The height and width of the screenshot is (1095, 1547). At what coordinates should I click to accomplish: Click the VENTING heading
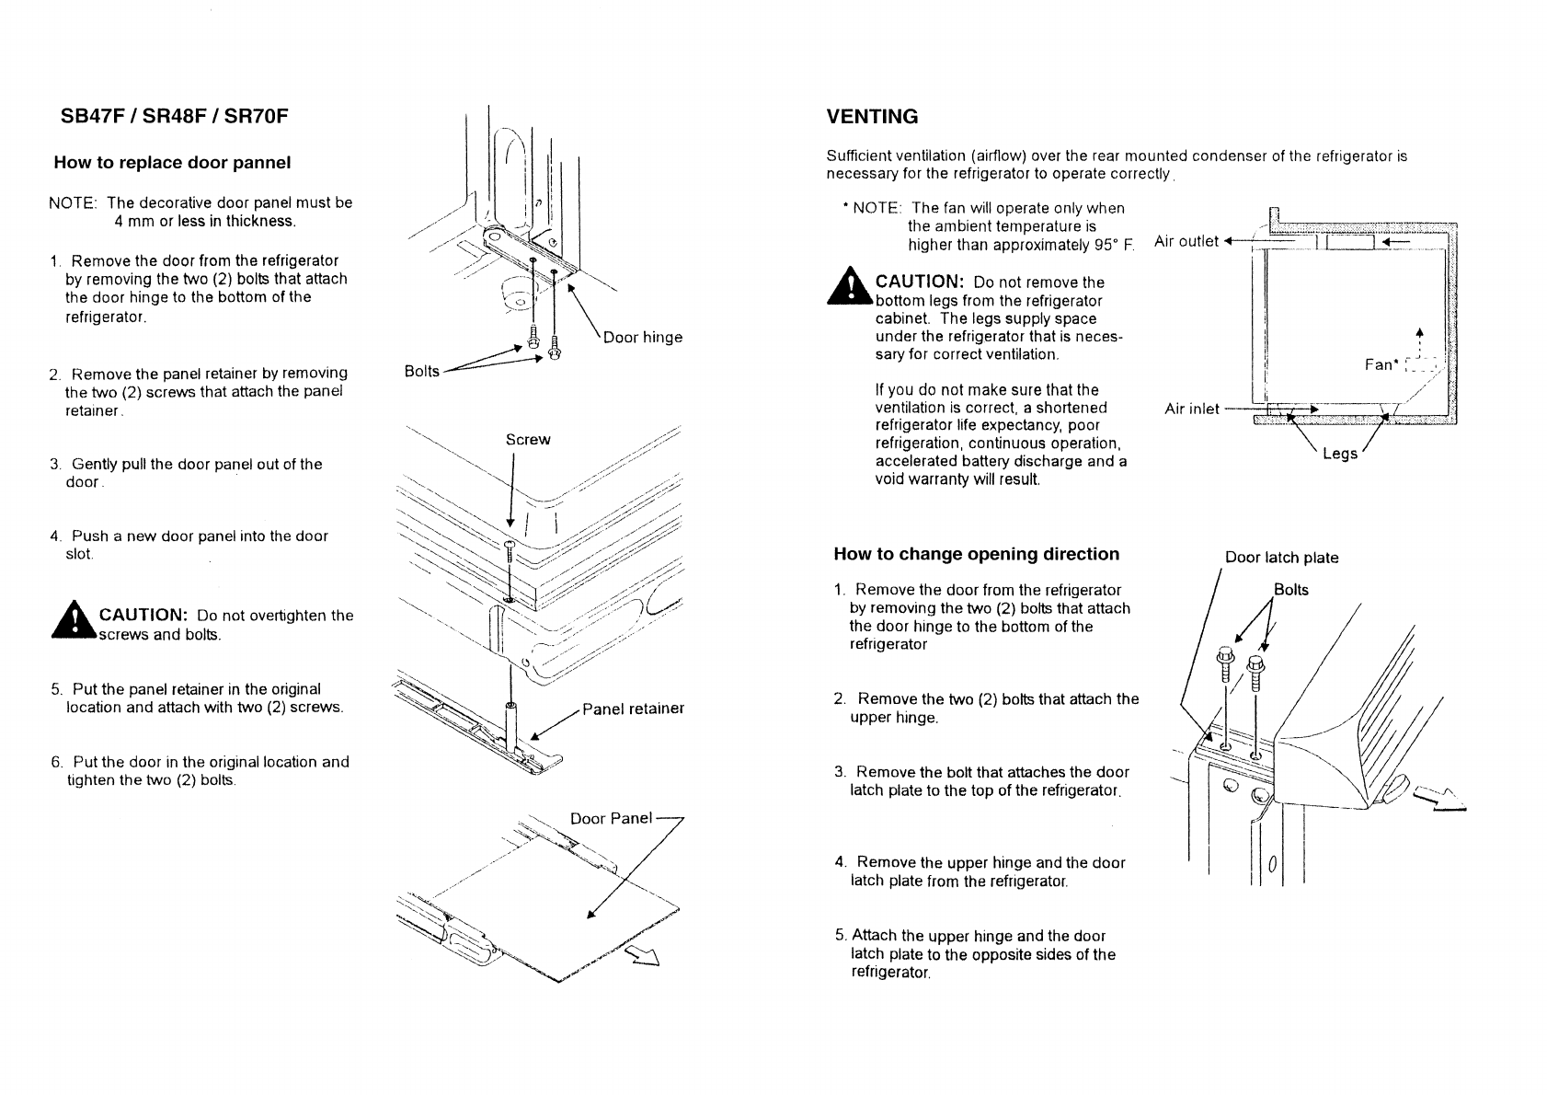point(872,116)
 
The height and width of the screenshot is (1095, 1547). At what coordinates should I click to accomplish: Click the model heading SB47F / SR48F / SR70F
point(174,115)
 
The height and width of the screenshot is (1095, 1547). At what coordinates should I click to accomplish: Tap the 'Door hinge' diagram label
point(642,337)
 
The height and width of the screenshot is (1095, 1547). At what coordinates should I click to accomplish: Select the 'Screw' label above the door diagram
point(528,440)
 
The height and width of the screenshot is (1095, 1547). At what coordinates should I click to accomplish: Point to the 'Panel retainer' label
point(633,709)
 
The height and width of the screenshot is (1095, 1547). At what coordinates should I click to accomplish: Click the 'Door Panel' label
point(611,819)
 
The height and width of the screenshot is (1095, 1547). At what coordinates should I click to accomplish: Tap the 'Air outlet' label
point(1186,241)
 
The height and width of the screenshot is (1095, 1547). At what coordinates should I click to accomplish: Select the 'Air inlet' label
point(1191,409)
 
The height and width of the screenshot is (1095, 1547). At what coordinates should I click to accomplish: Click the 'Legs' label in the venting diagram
point(1340,454)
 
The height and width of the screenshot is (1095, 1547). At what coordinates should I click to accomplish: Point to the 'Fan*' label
point(1381,364)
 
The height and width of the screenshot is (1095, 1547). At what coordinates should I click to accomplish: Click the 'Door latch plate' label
point(1281,558)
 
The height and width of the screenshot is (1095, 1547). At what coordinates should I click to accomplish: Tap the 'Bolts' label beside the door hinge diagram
point(421,371)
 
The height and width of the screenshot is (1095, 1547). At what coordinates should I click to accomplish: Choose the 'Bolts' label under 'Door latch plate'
point(1290,589)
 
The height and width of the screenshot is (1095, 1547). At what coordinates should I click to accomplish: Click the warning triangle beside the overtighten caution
point(74,620)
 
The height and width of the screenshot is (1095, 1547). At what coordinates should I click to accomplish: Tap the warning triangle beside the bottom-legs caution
point(850,286)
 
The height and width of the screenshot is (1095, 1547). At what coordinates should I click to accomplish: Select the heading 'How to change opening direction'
point(976,554)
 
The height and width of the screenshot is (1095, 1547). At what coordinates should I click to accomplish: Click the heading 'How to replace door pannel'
point(172,162)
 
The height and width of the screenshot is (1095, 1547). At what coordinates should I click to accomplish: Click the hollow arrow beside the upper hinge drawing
point(1440,800)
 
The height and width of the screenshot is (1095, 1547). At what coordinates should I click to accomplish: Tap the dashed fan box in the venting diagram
point(1423,364)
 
